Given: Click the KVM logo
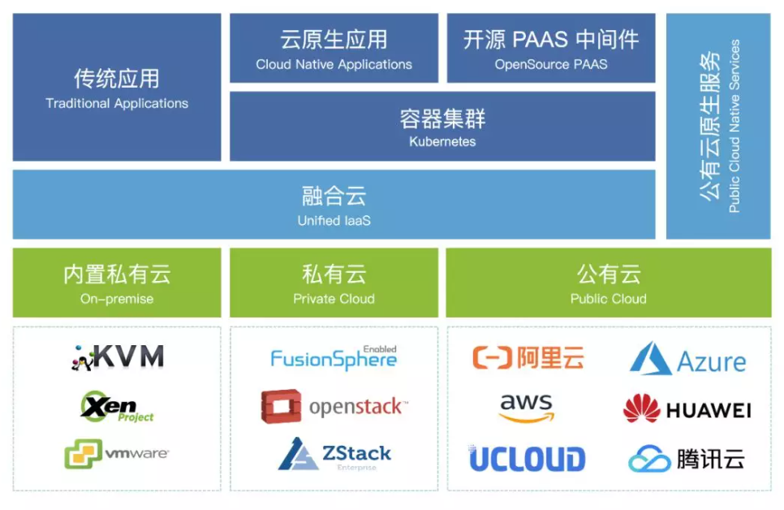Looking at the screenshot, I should [x=116, y=357].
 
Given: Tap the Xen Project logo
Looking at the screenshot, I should [x=116, y=406].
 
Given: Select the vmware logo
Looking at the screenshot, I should [x=116, y=453].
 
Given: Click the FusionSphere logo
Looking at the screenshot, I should [x=334, y=357].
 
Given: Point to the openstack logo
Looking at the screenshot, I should [x=334, y=406].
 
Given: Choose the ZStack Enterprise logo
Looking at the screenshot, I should [x=334, y=454].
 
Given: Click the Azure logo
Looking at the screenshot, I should [x=688, y=359].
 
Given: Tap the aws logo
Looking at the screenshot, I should [x=526, y=408].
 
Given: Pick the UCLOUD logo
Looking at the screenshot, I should [x=527, y=459].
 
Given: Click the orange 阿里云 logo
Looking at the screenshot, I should [x=528, y=357].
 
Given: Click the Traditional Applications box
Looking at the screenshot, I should [x=117, y=87].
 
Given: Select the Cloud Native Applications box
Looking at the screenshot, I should [x=334, y=48].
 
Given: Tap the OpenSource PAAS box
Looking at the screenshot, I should [x=551, y=48].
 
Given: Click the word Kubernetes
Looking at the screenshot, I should [x=442, y=142].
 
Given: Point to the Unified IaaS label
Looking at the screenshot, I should [x=334, y=220].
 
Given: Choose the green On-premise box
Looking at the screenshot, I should [x=117, y=283].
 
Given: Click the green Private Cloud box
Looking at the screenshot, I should [x=334, y=283].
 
